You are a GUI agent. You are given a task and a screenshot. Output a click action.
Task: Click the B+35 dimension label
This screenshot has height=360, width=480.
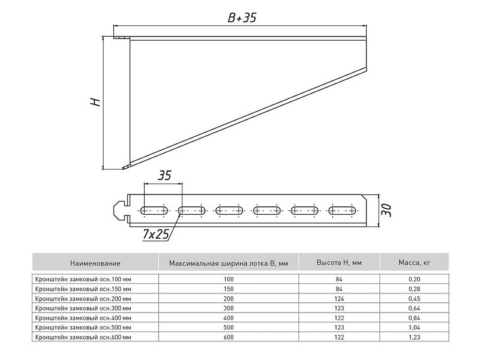pos(242,18)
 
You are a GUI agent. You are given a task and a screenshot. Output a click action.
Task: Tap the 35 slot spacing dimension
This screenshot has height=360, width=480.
pos(164,176)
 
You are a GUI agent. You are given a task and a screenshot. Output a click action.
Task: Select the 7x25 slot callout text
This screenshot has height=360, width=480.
pos(156,235)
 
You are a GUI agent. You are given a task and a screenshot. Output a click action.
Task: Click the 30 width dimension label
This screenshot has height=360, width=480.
pos(387,211)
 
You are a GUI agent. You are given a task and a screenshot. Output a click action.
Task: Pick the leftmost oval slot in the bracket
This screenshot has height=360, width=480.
pos(154,211)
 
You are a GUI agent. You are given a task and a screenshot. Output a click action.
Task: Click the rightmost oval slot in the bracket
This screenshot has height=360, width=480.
pos(342,211)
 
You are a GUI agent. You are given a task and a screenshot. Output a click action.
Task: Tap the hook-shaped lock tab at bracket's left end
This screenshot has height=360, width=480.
pos(121,211)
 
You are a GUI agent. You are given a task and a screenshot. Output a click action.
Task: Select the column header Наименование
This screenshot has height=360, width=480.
pos(95,263)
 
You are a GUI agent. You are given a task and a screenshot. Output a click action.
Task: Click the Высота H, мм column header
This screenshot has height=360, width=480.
pos(339,263)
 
